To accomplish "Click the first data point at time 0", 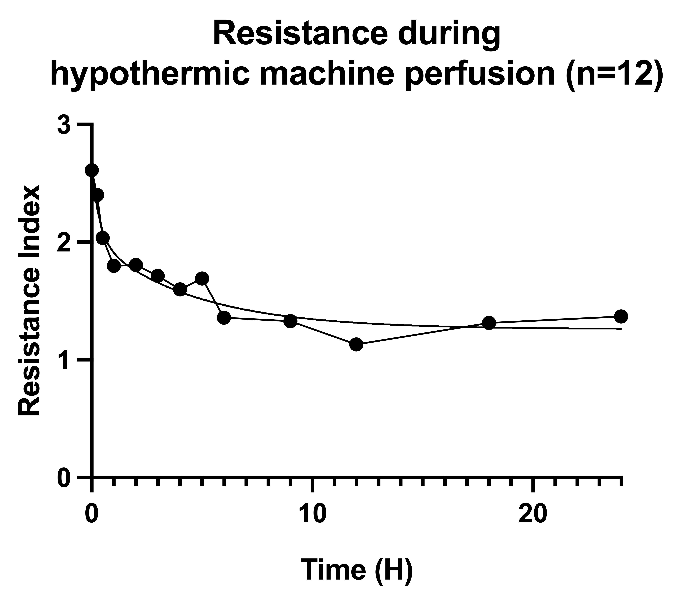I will [92, 170].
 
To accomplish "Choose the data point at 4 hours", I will [180, 289].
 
